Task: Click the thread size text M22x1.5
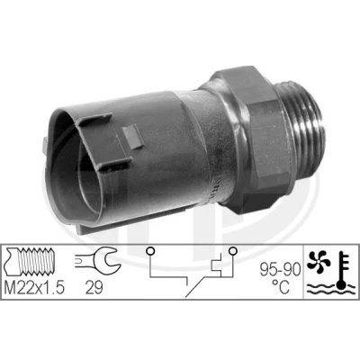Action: (x=34, y=288)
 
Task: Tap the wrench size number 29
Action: (x=94, y=288)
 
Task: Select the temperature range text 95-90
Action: (x=280, y=271)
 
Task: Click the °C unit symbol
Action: (x=281, y=286)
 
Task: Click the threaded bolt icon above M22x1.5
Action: (x=30, y=261)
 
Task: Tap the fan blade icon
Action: (x=319, y=262)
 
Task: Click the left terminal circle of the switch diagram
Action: (x=150, y=250)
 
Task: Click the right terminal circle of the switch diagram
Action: (x=232, y=250)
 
